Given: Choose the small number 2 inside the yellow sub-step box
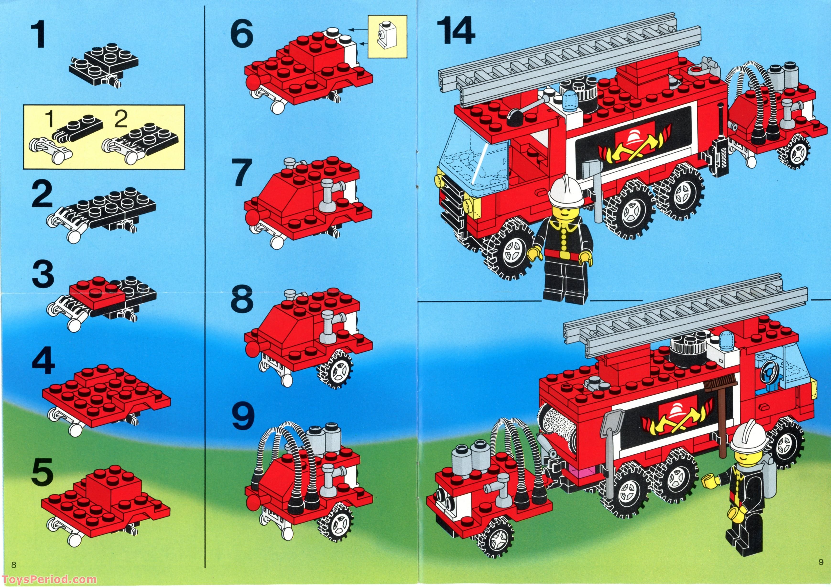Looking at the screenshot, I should [x=120, y=120].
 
